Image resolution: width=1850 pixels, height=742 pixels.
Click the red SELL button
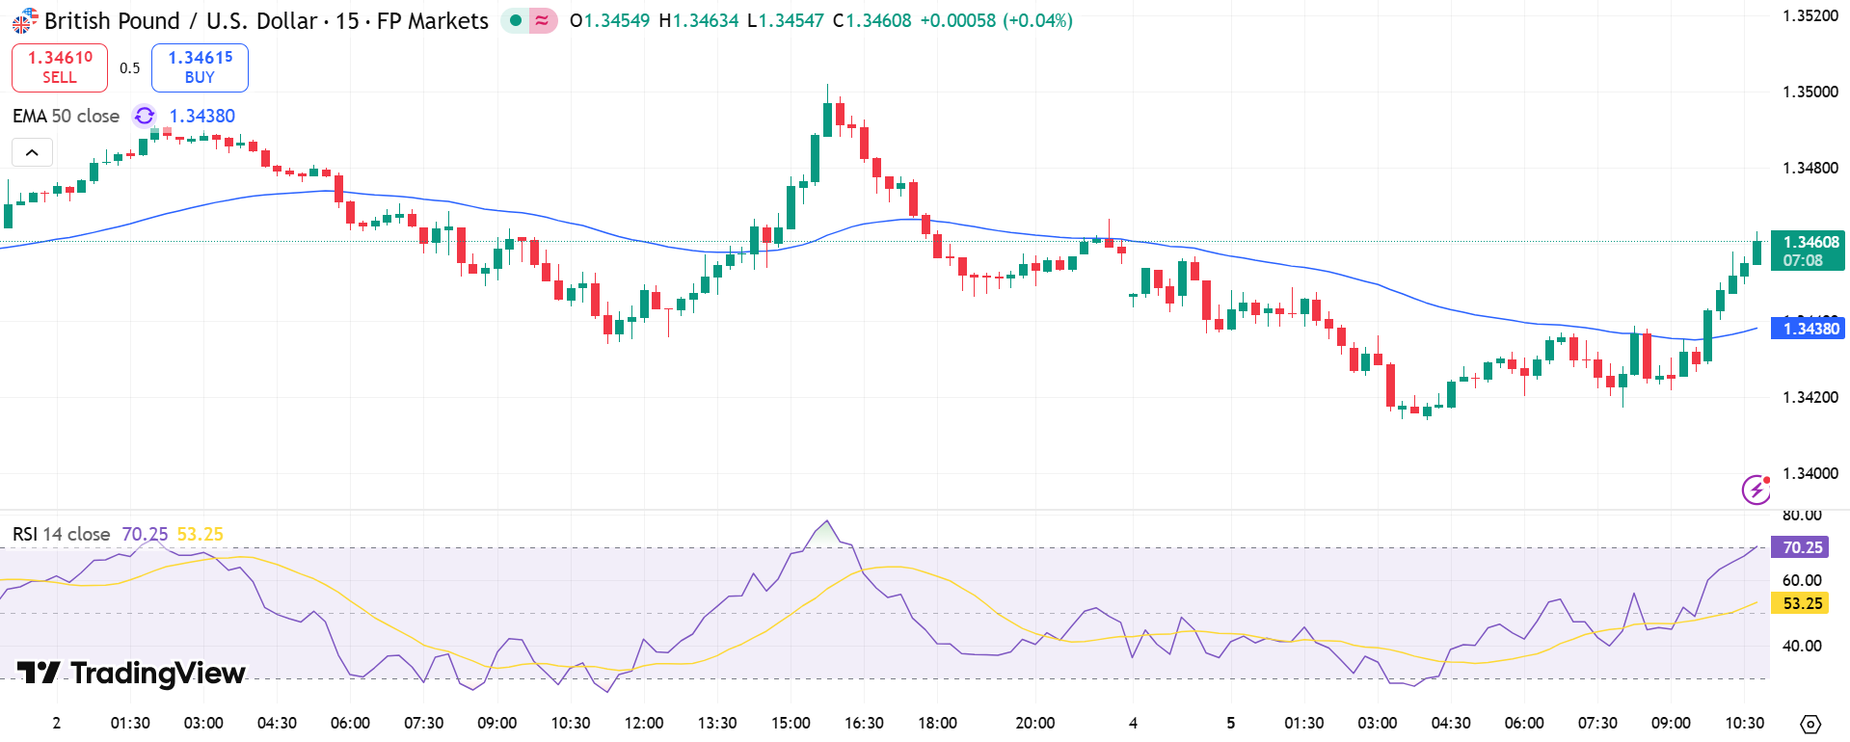pyautogui.click(x=59, y=67)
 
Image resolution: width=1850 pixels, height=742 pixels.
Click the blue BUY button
pyautogui.click(x=200, y=67)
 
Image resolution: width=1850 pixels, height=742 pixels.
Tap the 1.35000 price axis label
pyautogui.click(x=1810, y=92)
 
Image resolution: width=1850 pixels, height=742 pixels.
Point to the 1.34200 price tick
pyautogui.click(x=1810, y=397)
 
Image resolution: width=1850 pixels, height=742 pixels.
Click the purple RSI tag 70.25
pyautogui.click(x=1801, y=547)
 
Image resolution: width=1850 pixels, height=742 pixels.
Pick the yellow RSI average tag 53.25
pyautogui.click(x=1801, y=603)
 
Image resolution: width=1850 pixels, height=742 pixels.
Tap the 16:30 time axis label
pyautogui.click(x=864, y=723)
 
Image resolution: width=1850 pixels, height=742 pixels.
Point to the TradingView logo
pyautogui.click(x=131, y=673)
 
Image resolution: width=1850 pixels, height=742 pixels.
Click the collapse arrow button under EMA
pyautogui.click(x=32, y=152)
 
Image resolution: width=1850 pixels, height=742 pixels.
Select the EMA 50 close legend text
pyautogui.click(x=66, y=117)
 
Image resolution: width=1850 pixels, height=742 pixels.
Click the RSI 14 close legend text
pyautogui.click(x=61, y=534)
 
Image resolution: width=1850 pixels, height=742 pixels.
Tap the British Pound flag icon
pyautogui.click(x=24, y=20)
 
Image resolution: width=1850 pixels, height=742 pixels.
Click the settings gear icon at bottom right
pyautogui.click(x=1810, y=724)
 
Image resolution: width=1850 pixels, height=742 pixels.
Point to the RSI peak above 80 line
pyautogui.click(x=826, y=522)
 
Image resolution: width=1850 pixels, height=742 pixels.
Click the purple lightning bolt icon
pyautogui.click(x=1756, y=490)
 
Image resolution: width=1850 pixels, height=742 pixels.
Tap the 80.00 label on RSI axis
pyautogui.click(x=1801, y=516)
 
